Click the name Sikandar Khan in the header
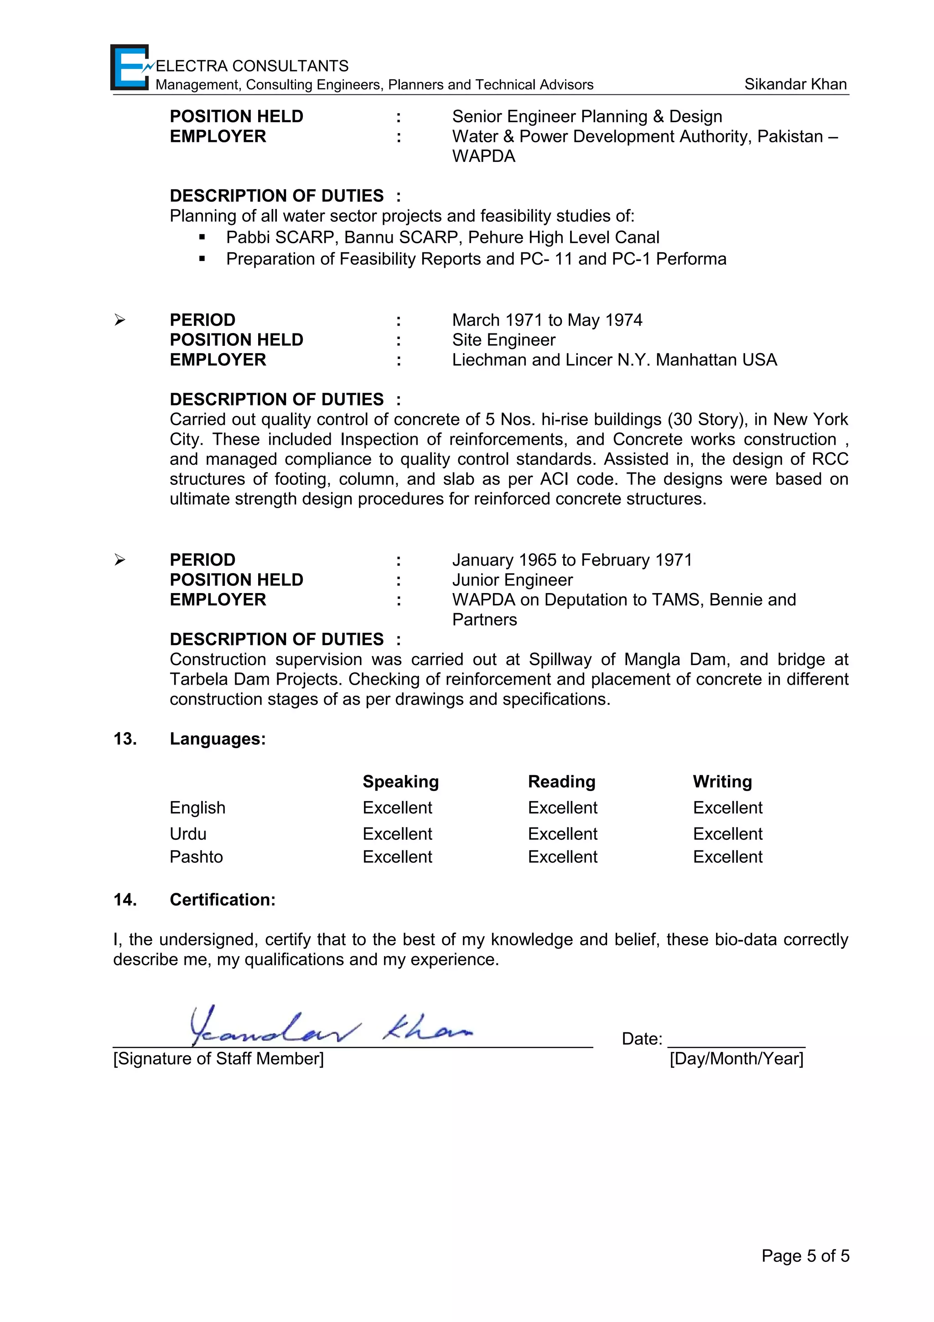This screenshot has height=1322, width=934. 795,84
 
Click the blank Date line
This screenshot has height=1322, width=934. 736,1041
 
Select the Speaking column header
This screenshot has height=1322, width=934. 400,781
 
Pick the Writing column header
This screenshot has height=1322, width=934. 722,781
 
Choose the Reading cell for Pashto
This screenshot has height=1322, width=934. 562,857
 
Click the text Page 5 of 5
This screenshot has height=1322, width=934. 805,1256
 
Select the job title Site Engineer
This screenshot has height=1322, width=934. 503,340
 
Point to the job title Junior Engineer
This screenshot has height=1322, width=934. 512,580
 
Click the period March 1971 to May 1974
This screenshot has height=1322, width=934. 547,320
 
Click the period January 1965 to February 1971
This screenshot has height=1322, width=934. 572,560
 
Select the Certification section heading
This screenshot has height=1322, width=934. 222,900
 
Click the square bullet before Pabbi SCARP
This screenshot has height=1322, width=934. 202,237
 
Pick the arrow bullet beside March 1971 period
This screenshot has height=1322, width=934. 119,320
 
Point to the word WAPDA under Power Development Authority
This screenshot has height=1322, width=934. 483,156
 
